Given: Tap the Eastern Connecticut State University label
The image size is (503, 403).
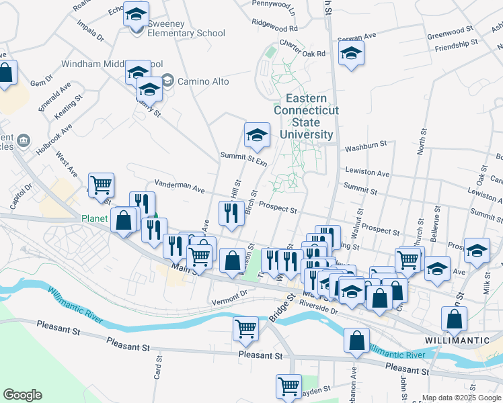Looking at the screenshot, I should (306, 116).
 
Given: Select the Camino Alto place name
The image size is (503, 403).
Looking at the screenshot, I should (203, 81).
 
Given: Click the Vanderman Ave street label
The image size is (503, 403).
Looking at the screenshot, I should (179, 187).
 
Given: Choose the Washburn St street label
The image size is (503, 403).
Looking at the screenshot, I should (366, 144).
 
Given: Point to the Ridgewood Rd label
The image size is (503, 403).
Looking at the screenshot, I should (274, 29).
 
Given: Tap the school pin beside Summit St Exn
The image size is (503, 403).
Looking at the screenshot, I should (257, 136).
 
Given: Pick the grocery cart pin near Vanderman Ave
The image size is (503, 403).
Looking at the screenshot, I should (101, 184).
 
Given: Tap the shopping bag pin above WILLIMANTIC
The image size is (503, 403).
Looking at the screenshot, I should (455, 320).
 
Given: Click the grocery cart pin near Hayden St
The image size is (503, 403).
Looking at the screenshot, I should (288, 386).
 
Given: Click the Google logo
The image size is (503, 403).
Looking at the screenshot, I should (22, 395).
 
